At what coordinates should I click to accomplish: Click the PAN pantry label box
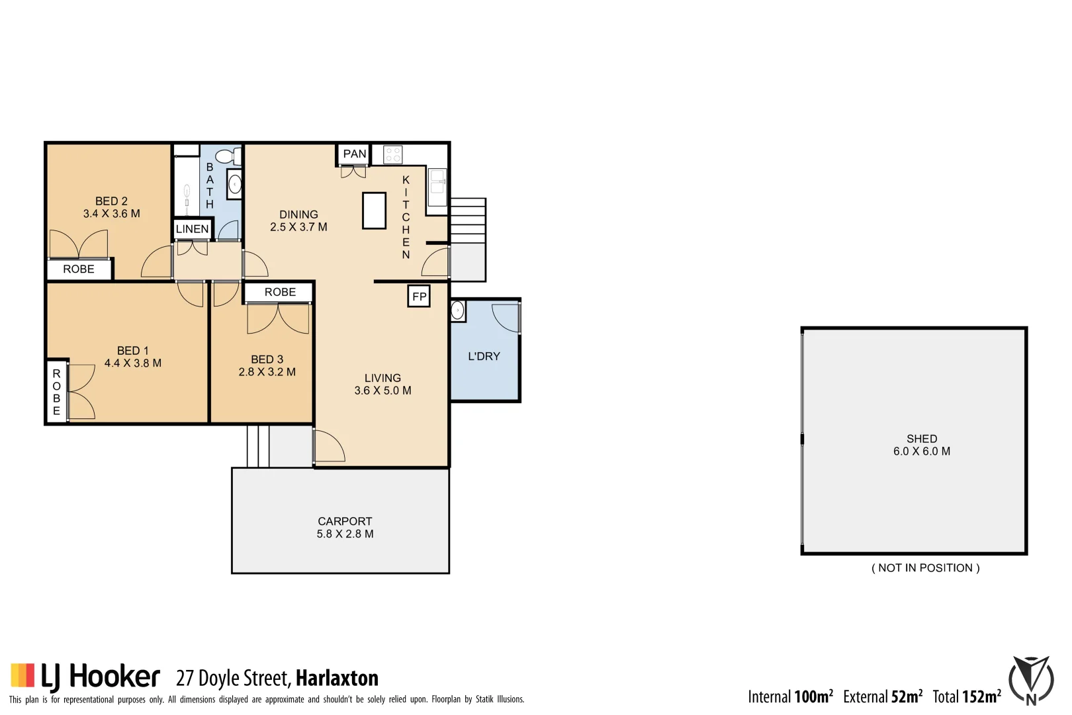click(354, 154)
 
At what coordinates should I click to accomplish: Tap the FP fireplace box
click(419, 297)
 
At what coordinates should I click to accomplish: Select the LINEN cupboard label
click(193, 229)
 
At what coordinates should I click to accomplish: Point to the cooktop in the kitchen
click(392, 155)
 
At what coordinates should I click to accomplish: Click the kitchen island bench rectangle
click(374, 211)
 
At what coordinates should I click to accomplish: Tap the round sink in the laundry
click(457, 310)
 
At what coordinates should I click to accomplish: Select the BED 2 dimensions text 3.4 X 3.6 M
click(111, 214)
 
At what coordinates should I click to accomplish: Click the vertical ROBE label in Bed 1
click(57, 392)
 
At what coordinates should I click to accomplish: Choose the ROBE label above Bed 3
click(280, 292)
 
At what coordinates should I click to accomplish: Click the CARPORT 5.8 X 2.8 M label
click(345, 528)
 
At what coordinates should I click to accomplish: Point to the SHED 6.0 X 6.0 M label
click(921, 445)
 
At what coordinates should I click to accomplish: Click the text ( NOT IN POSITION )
click(925, 568)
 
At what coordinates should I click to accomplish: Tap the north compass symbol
click(1030, 681)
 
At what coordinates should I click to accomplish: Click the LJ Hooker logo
click(85, 677)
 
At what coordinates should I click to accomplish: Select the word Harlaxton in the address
click(337, 679)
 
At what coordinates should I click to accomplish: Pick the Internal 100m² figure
click(790, 696)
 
